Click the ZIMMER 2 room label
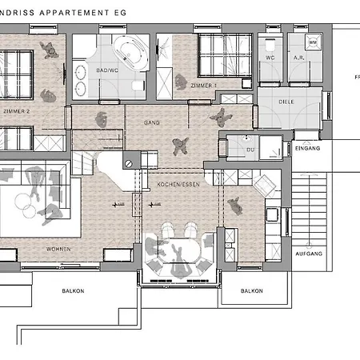(x=18, y=112)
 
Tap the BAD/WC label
(x=107, y=71)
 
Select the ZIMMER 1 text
(x=204, y=85)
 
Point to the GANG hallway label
(x=152, y=123)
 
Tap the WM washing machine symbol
(x=313, y=42)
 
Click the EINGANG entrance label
(x=307, y=149)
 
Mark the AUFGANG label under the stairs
(x=309, y=253)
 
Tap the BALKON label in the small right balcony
(x=252, y=292)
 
